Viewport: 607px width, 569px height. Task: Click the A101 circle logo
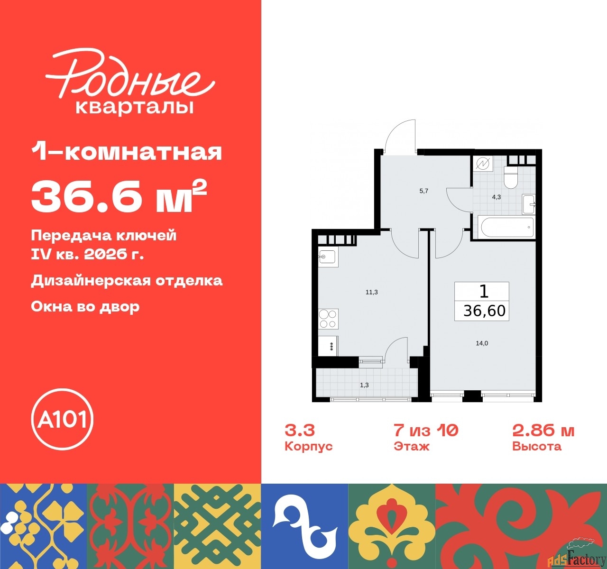(62, 420)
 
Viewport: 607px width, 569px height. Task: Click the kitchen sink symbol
(327, 257)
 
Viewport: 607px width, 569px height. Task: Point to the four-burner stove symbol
(328, 318)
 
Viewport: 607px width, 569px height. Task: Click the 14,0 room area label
(482, 343)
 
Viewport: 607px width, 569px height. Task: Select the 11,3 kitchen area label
(371, 292)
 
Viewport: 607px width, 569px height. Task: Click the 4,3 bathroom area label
(496, 197)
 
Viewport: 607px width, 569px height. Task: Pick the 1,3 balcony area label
(364, 385)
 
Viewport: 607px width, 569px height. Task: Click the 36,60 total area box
(482, 302)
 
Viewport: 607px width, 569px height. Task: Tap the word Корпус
(309, 447)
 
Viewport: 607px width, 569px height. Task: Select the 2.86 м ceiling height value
(543, 431)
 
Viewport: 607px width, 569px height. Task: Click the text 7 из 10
(426, 431)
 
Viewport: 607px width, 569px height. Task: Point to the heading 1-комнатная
(127, 152)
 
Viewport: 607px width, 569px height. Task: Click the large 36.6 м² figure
(119, 198)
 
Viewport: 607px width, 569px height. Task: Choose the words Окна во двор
(85, 306)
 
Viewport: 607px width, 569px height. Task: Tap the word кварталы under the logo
(135, 107)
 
